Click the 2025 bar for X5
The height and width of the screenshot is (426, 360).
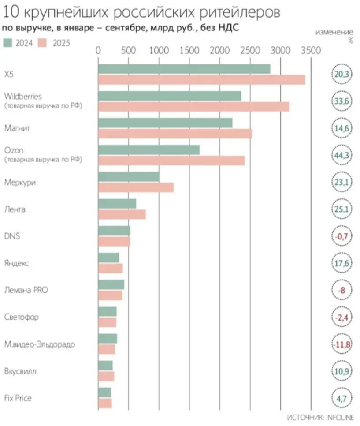pyautogui.click(x=201, y=80)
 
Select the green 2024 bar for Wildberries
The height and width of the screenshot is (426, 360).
pyautogui.click(x=170, y=96)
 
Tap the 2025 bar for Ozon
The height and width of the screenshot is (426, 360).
pyautogui.click(x=171, y=161)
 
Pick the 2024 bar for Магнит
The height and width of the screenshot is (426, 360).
pyautogui.click(x=165, y=123)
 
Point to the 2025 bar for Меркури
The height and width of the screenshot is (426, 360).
pyautogui.click(x=136, y=187)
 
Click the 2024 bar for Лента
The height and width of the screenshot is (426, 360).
pyautogui.click(x=117, y=204)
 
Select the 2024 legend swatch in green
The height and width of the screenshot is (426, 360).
pyautogui.click(x=7, y=43)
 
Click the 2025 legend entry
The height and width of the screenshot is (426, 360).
pyautogui.click(x=55, y=43)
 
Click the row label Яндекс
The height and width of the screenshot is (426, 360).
pyautogui.click(x=16, y=263)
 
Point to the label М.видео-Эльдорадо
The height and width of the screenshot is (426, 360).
pyautogui.click(x=39, y=344)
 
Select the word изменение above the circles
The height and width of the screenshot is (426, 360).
pyautogui.click(x=334, y=32)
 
